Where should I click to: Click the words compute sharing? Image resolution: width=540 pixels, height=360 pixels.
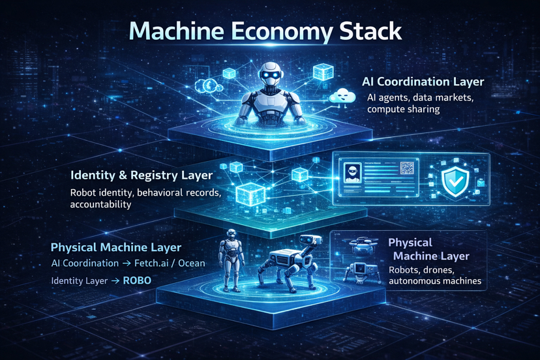(x=404, y=110)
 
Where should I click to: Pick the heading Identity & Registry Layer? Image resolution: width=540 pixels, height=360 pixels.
(x=142, y=176)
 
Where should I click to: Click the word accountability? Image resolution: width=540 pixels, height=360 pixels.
(x=100, y=204)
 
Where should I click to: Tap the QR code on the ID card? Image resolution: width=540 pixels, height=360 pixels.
(x=407, y=168)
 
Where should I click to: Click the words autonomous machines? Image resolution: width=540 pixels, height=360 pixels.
(x=434, y=281)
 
